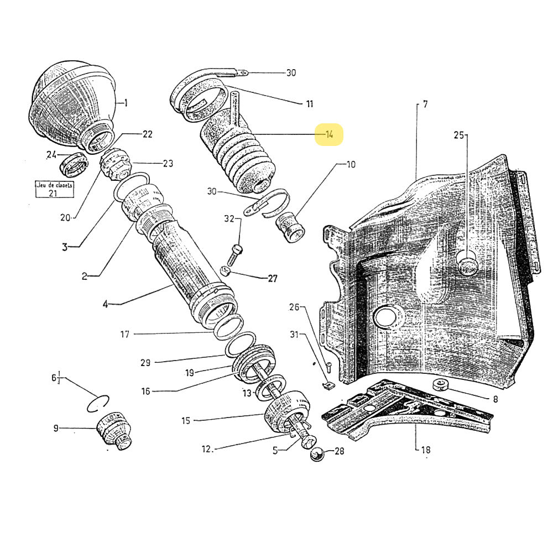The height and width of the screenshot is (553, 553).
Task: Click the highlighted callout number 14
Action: [x=330, y=135]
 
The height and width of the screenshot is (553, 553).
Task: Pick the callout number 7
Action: [x=425, y=104]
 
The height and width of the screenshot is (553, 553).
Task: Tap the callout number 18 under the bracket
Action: [x=425, y=450]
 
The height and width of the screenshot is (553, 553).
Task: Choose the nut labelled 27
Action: [x=226, y=270]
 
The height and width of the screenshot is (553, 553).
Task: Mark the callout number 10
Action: [x=351, y=164]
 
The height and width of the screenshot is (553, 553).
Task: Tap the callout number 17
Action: [x=125, y=334]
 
